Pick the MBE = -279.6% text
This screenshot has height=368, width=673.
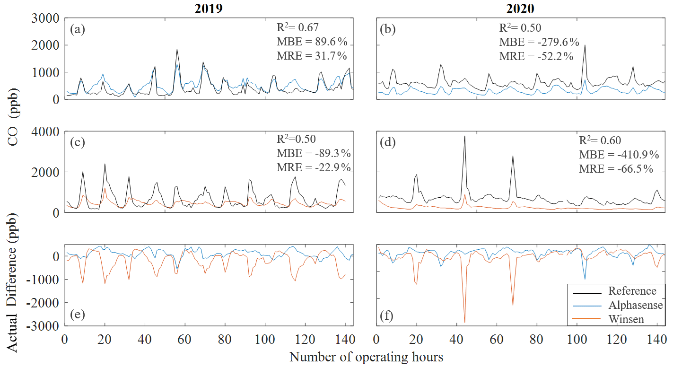[x=539, y=42]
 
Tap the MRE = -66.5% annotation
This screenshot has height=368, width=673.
[x=616, y=169]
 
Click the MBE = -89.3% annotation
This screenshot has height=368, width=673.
[x=313, y=154]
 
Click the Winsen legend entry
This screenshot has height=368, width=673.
[x=626, y=319]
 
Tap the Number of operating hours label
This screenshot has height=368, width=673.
[x=366, y=356]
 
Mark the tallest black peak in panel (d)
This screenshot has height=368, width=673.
[x=464, y=136]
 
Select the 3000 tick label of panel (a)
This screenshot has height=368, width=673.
[x=45, y=18]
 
